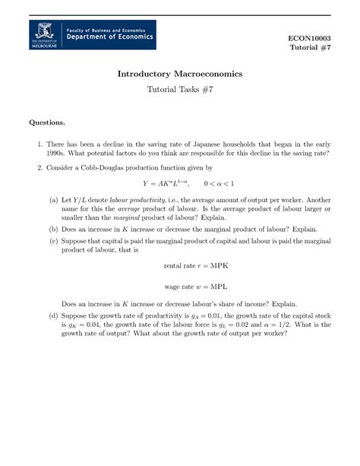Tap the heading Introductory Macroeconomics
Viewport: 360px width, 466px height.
pos(179,74)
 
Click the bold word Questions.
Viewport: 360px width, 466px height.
pos(47,122)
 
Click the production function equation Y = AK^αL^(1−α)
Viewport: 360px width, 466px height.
pos(164,183)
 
